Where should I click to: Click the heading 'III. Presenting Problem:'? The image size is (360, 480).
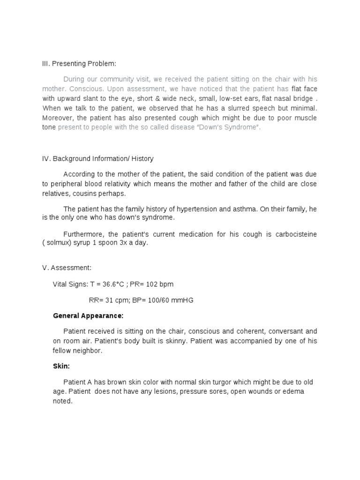pos(78,64)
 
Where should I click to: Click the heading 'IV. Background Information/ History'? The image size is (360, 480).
pos(97,159)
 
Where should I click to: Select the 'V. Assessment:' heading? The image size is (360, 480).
pos(67,268)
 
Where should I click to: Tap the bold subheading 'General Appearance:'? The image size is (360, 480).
pos(88,315)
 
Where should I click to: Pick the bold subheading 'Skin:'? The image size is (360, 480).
pos(61,366)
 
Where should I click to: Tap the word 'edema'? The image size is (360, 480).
pos(292,391)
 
